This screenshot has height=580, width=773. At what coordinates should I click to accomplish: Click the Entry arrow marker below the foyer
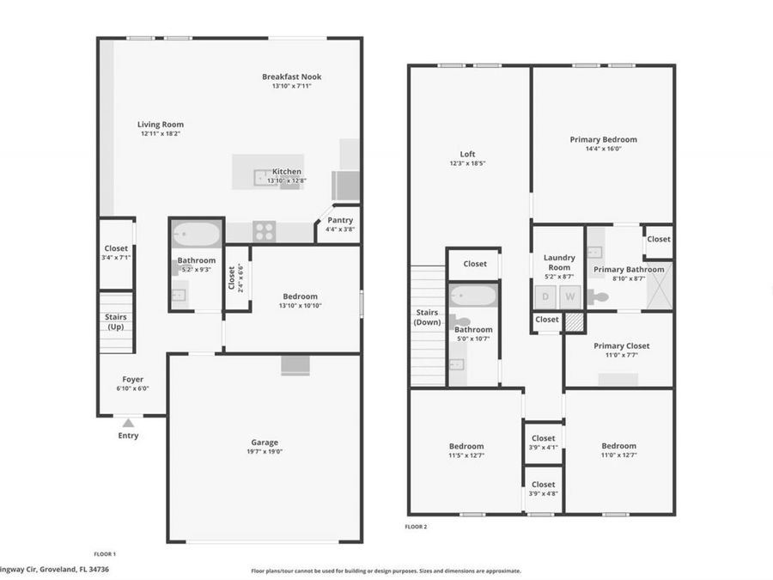click(x=127, y=423)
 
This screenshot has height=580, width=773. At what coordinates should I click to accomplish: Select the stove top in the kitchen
click(x=265, y=231)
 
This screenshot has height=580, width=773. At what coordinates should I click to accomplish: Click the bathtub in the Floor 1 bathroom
click(x=197, y=233)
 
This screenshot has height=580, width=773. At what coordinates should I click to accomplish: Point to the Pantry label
click(x=339, y=221)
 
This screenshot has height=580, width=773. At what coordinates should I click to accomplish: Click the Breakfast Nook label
click(x=291, y=76)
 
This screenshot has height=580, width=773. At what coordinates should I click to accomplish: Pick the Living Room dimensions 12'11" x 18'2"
click(x=161, y=134)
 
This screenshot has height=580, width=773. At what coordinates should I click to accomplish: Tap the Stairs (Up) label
click(x=116, y=321)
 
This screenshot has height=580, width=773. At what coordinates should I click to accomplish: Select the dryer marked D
click(x=545, y=296)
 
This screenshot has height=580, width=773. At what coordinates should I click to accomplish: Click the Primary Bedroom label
click(x=603, y=139)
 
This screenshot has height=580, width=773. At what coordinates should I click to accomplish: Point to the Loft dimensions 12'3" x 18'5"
click(x=468, y=163)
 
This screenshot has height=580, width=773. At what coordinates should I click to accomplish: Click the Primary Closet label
click(x=621, y=345)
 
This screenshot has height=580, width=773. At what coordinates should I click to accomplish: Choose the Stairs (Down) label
click(x=427, y=317)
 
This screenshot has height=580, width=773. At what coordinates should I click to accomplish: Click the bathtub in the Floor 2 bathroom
click(x=472, y=296)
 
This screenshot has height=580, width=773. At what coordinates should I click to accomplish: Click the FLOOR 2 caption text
click(x=416, y=527)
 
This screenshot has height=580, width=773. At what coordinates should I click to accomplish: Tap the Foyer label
click(x=132, y=379)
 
